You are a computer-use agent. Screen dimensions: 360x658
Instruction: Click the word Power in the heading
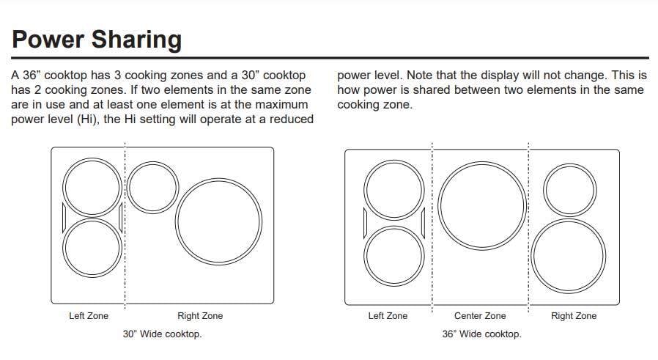[x=48, y=39]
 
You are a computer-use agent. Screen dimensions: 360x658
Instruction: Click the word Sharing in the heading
[x=136, y=40]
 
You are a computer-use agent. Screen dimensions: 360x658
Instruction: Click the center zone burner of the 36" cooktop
[x=483, y=204]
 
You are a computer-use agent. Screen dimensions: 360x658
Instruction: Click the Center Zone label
[x=480, y=316]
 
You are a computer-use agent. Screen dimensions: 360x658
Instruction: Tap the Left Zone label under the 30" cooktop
[x=89, y=316]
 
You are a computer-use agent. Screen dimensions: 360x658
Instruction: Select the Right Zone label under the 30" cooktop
[x=200, y=316]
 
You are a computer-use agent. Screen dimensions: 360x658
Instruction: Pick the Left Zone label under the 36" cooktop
[x=388, y=316]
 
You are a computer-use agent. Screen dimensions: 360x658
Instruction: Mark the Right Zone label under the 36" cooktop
[x=574, y=316]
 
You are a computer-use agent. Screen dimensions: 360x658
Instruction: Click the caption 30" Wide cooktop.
[x=162, y=334]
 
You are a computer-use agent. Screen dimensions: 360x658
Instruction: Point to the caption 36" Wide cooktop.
[x=481, y=334]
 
